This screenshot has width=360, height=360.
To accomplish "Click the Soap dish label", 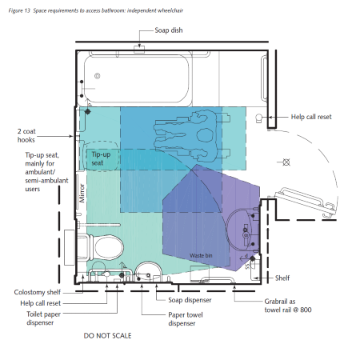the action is (169, 30).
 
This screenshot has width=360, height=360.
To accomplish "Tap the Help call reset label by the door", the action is (311, 117).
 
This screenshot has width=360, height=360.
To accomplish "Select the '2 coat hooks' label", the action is (26, 135).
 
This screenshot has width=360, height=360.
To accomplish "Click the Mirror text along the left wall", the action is (82, 193).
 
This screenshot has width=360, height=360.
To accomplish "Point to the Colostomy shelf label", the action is (38, 292).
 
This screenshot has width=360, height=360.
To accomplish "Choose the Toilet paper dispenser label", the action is (43, 318).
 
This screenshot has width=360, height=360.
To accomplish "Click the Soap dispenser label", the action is (190, 300).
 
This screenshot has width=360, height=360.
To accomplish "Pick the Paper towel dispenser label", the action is (186, 319).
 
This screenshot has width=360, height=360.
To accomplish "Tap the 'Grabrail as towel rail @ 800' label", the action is (288, 306).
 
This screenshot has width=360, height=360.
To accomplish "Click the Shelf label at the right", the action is (282, 278).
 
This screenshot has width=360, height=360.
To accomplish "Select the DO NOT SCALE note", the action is (107, 336).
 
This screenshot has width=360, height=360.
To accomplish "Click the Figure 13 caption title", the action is (96, 10).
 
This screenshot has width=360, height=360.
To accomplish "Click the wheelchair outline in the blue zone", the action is (192, 137).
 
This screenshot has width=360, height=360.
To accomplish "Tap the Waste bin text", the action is (201, 255).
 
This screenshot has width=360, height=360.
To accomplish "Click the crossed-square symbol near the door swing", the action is (286, 162).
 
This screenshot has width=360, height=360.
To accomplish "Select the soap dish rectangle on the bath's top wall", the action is (139, 50).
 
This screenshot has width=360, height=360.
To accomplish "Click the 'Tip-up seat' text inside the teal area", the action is (101, 158).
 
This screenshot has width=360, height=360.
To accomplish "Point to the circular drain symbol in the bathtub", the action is (98, 76).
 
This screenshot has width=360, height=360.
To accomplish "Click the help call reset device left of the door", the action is (258, 118).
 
